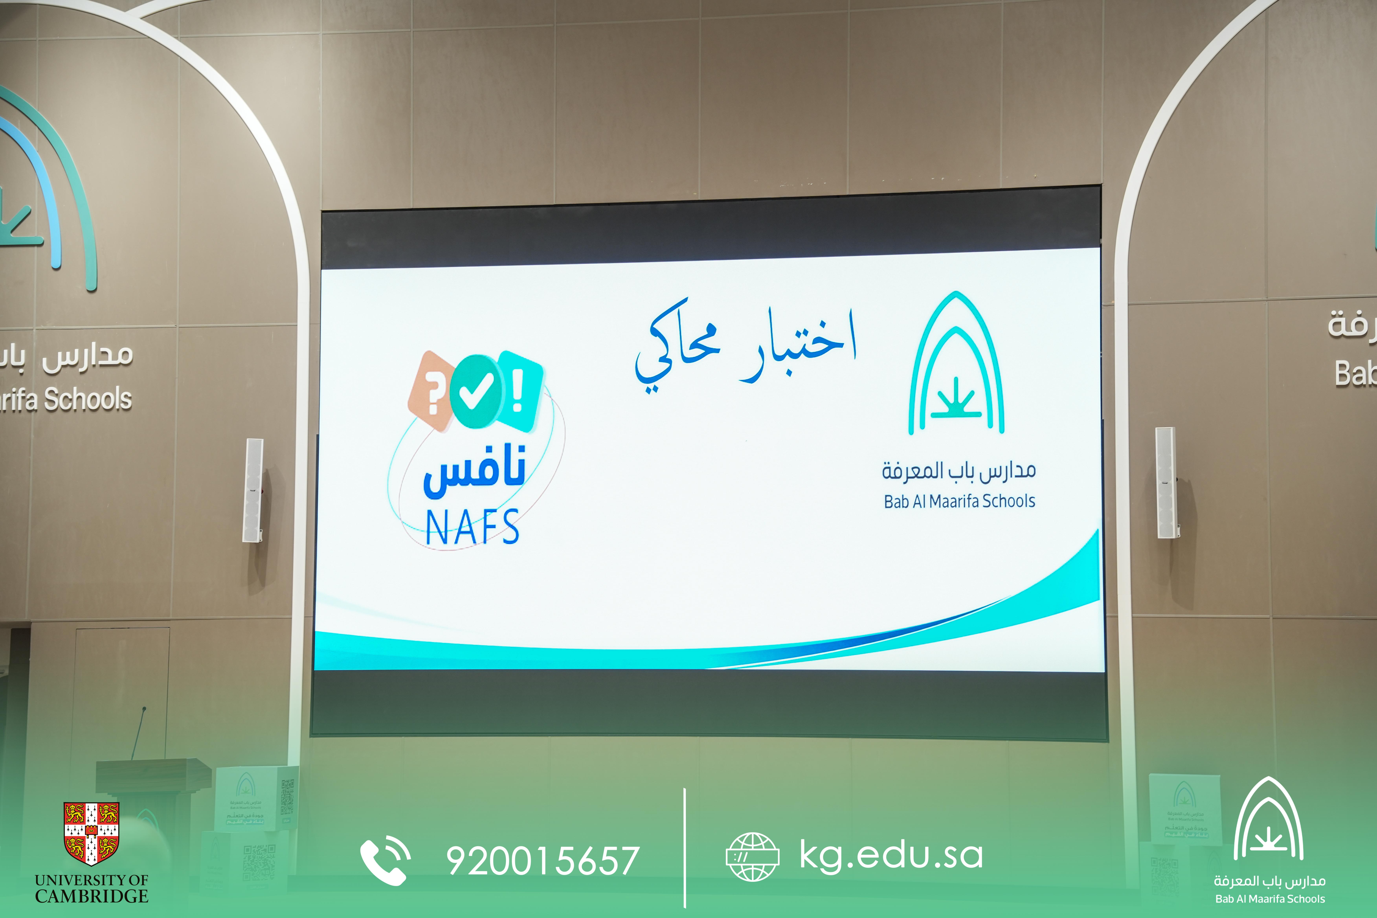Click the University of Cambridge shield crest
tap(91, 833)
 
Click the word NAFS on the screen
tap(472, 527)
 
